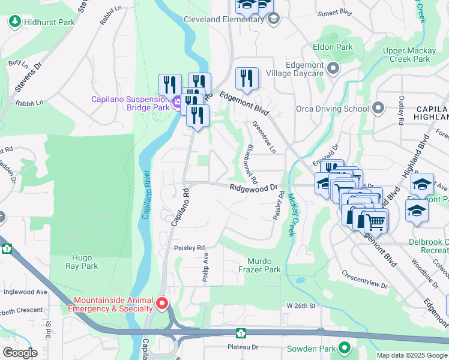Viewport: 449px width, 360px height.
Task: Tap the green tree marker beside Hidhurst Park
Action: click(x=15, y=22)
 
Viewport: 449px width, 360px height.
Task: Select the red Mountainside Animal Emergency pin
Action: click(x=161, y=304)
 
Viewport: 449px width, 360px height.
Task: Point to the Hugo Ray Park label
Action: click(x=82, y=262)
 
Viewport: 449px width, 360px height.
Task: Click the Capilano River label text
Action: click(x=145, y=194)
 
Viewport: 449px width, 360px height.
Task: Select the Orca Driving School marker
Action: click(x=378, y=109)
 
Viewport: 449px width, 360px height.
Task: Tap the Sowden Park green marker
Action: click(x=345, y=348)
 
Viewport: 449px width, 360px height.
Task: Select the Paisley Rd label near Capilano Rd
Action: click(x=189, y=247)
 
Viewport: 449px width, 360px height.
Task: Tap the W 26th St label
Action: click(x=301, y=306)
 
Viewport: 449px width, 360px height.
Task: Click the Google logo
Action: click(x=20, y=352)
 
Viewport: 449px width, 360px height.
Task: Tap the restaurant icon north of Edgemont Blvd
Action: click(x=247, y=77)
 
